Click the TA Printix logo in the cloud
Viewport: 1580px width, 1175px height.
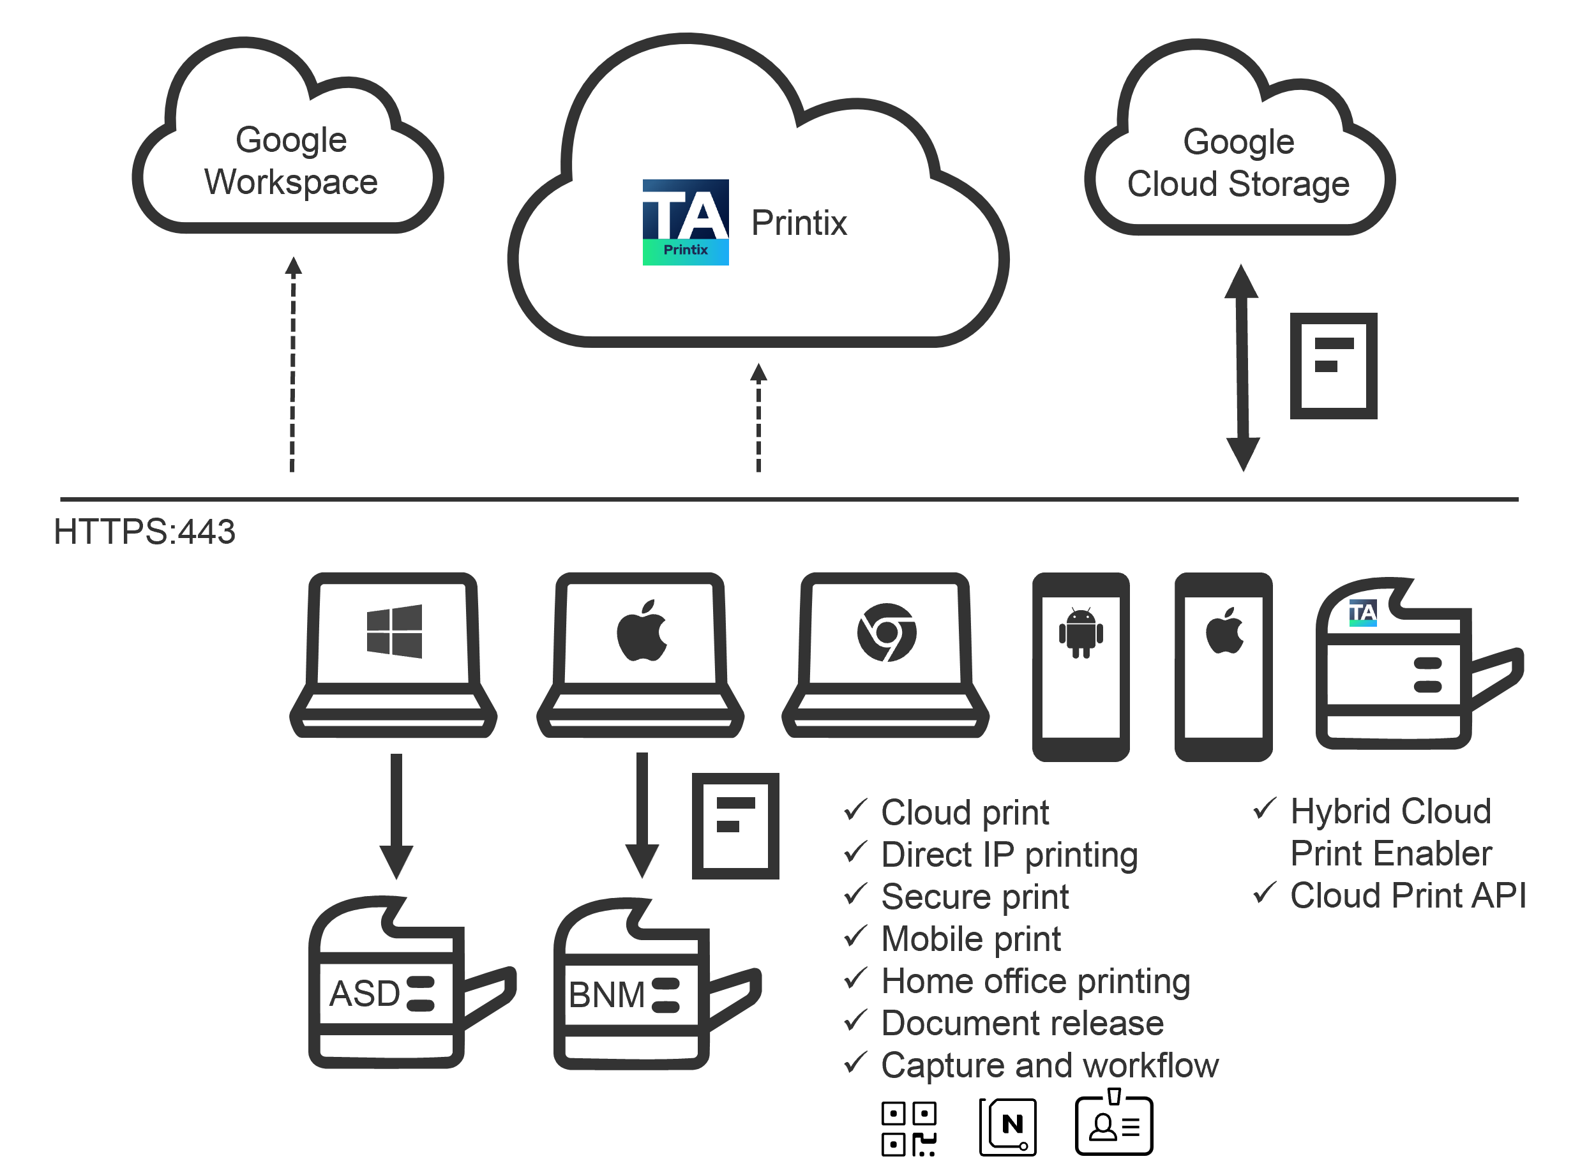(x=685, y=222)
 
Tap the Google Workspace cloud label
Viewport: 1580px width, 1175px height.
(x=291, y=161)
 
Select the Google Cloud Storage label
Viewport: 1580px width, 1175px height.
(x=1238, y=163)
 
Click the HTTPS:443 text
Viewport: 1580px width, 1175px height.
(x=144, y=531)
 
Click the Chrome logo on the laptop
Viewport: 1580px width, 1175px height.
(x=886, y=632)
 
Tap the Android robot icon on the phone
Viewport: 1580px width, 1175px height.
(x=1081, y=632)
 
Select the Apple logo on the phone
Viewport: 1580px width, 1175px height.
(x=1224, y=631)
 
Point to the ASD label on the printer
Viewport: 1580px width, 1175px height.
(x=365, y=993)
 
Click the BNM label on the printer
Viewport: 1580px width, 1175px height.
(x=606, y=994)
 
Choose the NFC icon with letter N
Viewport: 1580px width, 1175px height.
(x=1008, y=1126)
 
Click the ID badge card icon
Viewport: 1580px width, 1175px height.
(x=1113, y=1125)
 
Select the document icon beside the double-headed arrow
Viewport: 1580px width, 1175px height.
(x=1333, y=366)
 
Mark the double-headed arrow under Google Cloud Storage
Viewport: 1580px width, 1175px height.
(x=1242, y=368)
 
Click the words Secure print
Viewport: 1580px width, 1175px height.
(x=975, y=896)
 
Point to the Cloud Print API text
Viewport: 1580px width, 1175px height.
(x=1408, y=895)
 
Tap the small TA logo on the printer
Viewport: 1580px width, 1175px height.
(x=1362, y=613)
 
